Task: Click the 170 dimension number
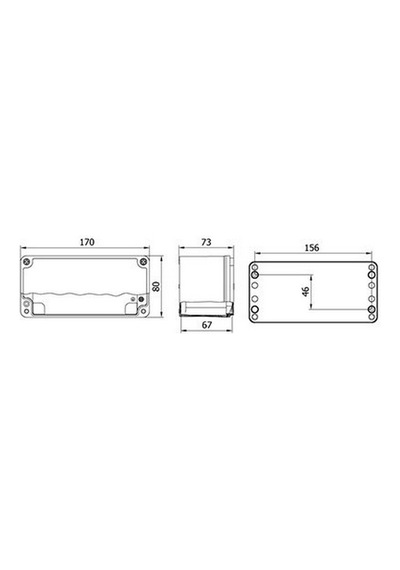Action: pos(87,242)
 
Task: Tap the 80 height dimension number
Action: pos(156,286)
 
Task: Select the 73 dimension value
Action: pos(206,242)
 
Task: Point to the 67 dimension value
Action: pos(207,325)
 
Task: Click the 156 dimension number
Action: pos(312,248)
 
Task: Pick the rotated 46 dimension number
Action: pos(306,292)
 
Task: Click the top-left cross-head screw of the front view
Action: pos(27,262)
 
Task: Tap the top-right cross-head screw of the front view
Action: pos(143,262)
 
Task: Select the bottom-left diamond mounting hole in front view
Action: pos(27,312)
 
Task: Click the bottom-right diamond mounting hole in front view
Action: pos(143,312)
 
